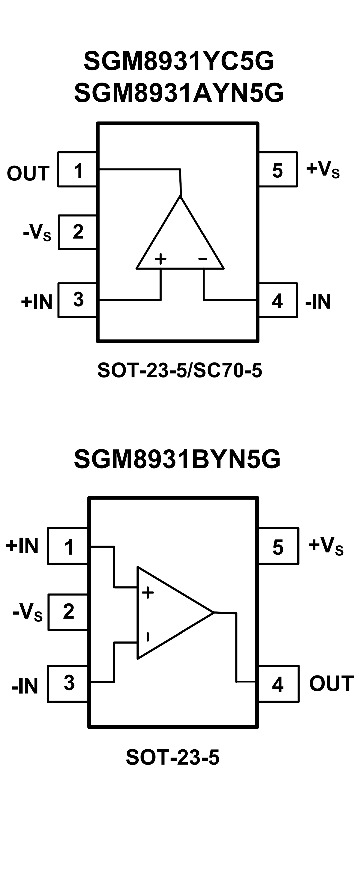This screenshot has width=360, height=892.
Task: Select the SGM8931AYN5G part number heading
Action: [x=179, y=93]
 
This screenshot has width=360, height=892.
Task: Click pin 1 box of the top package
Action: [x=77, y=169]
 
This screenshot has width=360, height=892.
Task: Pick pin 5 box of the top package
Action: [x=278, y=169]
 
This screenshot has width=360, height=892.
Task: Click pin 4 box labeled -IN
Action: [x=278, y=300]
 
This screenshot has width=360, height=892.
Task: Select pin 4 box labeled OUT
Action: [x=278, y=683]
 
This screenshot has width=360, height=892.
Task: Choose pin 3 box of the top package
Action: [x=78, y=300]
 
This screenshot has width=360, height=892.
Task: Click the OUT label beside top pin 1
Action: [x=28, y=173]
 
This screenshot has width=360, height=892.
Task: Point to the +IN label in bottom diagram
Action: [x=22, y=546]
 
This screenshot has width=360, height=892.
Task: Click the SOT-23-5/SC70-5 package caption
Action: [x=180, y=370]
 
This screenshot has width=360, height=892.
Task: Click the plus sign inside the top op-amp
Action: [x=160, y=258]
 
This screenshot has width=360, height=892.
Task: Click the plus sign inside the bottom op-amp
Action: [x=148, y=592]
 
